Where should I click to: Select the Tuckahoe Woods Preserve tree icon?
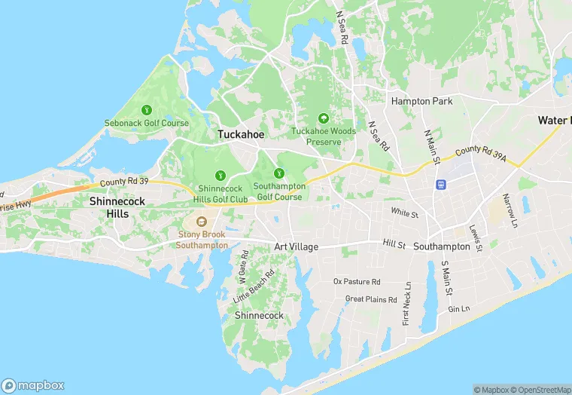coord(324,118)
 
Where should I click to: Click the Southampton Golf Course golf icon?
coord(279,173)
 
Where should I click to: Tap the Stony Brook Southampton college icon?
coord(202,222)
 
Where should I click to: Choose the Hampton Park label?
coord(421,101)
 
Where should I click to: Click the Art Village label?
coord(296,247)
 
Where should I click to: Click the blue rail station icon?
coord(440,184)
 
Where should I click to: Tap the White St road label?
coord(404,214)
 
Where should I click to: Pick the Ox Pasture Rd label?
coord(357,281)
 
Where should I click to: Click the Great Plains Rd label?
coord(371,299)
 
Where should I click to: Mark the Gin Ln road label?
coord(458,309)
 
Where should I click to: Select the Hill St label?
coord(394,244)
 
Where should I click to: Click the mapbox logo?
coord(33,384)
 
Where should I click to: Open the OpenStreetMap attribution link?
coord(539,390)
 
